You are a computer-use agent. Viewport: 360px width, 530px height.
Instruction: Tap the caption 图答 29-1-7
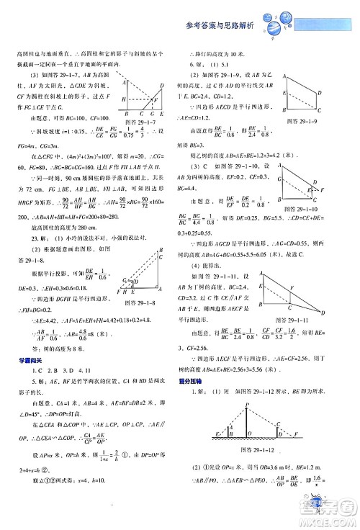point(143,122)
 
